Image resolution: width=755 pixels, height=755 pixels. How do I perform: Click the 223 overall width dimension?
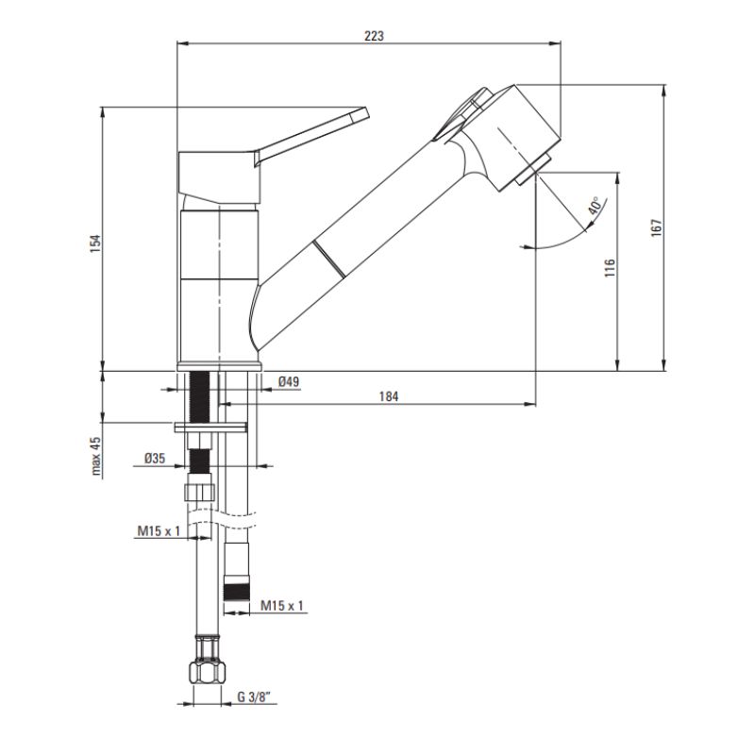point(374,36)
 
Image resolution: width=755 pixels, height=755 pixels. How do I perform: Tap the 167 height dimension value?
point(657,227)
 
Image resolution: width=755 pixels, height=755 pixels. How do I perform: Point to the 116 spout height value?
point(610,268)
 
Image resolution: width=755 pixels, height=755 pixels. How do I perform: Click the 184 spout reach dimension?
point(389,396)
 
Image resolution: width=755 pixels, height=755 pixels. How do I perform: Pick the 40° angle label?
point(595,206)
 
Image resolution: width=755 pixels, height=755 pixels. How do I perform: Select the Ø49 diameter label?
point(289,382)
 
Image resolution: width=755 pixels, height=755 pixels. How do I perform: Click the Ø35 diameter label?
point(155,458)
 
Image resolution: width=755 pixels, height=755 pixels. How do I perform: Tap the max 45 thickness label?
point(96,457)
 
